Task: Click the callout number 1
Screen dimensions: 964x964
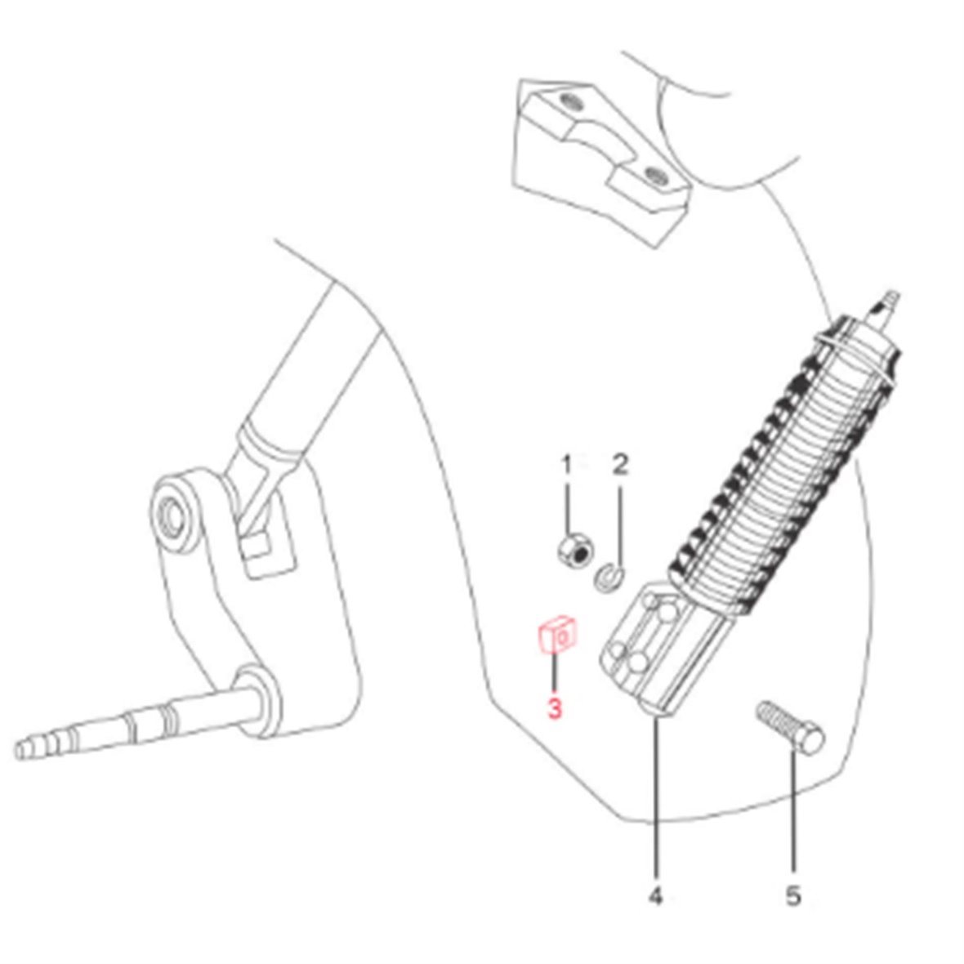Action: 567,466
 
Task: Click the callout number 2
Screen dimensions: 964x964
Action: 621,465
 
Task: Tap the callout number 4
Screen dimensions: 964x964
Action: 656,895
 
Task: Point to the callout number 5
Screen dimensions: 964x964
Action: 794,895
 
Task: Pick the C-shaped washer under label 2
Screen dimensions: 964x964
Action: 610,578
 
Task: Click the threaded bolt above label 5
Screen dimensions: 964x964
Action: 791,728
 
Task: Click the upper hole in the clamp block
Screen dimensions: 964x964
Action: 569,100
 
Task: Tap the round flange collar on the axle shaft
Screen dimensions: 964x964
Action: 258,699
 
